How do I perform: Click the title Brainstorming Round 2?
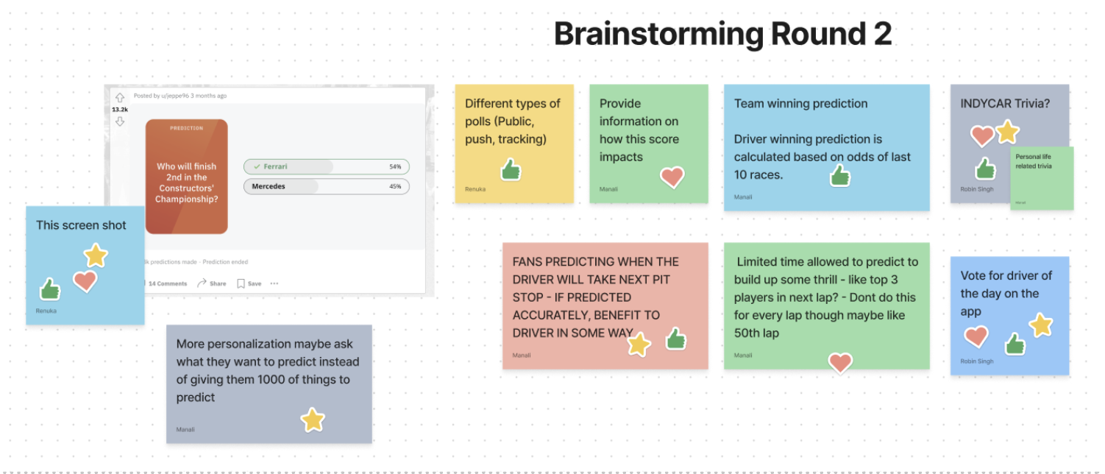[722, 35]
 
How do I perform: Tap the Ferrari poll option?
[326, 167]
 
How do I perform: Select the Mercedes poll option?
[326, 187]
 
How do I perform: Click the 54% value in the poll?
[395, 167]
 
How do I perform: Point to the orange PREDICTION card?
[186, 177]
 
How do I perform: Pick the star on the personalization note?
[313, 420]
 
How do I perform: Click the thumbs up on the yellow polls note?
[511, 170]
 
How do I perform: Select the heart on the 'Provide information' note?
[672, 177]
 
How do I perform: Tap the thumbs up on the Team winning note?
[839, 175]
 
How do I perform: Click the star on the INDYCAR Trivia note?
[1007, 132]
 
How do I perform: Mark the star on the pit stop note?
[639, 344]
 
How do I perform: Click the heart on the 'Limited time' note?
[840, 362]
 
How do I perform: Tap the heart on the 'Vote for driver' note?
[976, 337]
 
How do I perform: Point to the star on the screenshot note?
[96, 255]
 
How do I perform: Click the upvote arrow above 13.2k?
[120, 98]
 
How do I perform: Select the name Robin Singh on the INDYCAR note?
[976, 189]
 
